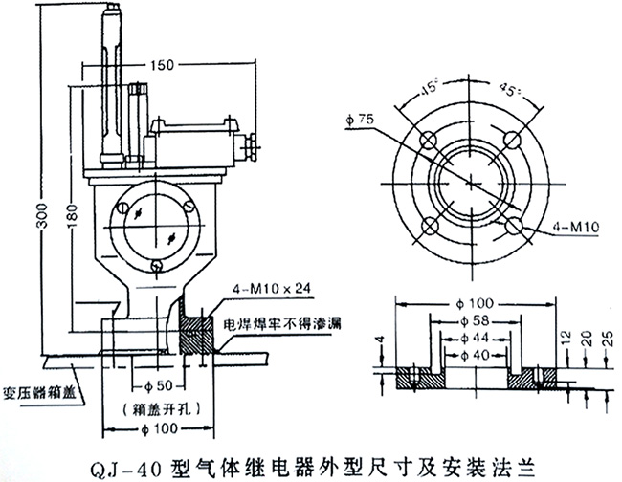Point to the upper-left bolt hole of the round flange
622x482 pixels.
[x=431, y=140]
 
